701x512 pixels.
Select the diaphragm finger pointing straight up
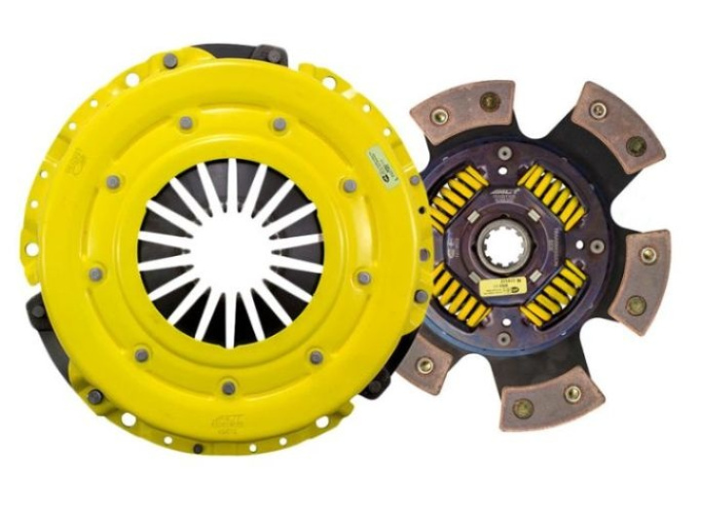pyautogui.click(x=232, y=185)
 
